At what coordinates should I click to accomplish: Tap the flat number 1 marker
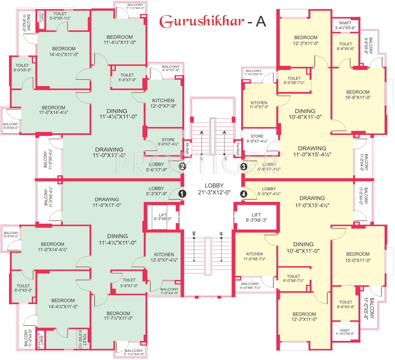182,194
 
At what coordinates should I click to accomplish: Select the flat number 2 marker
182,166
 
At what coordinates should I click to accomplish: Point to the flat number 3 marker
244,166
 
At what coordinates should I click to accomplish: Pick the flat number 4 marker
244,194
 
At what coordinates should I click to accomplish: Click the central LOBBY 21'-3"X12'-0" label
214,189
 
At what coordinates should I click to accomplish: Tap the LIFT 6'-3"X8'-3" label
256,218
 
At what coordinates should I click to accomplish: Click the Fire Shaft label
238,149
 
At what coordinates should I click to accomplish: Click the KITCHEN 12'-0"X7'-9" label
163,103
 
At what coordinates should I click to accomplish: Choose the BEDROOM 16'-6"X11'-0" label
358,95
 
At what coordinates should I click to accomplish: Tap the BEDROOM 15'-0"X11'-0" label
358,257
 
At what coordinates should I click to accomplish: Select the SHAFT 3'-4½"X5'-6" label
345,25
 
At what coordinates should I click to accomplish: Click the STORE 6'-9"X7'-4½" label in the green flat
168,142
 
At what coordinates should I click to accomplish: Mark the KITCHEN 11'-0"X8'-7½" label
255,257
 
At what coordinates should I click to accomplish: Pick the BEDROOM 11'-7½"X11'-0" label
118,316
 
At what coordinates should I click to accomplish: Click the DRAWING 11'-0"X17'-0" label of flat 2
109,152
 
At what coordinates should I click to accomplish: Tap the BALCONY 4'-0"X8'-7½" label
250,286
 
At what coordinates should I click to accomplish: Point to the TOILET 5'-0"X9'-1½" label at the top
60,16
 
